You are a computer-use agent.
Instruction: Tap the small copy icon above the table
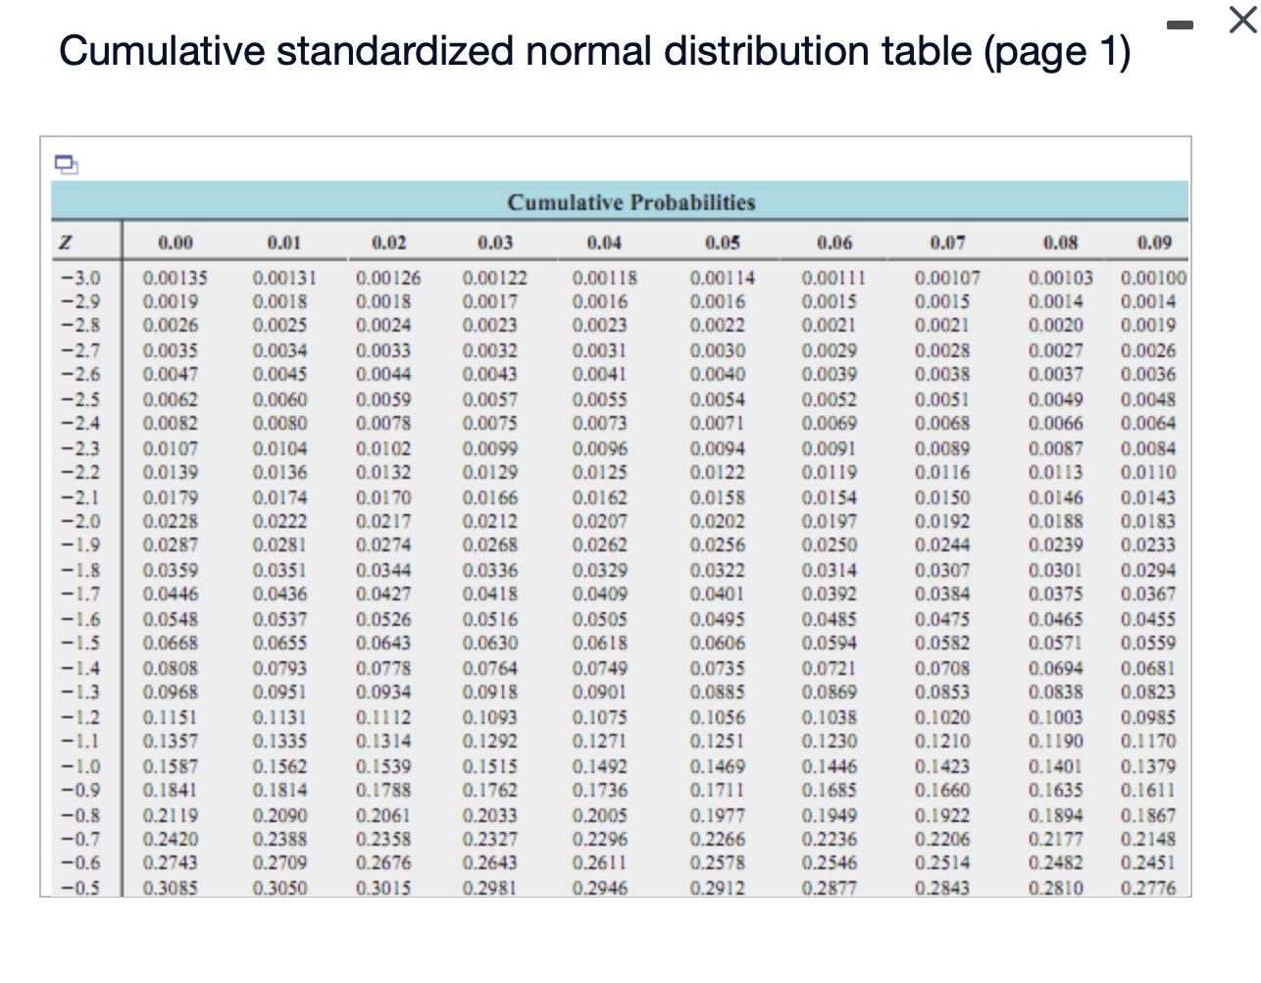point(65,163)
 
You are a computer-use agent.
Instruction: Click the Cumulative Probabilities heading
point(630,202)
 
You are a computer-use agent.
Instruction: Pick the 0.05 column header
point(722,242)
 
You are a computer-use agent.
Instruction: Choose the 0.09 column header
point(1154,242)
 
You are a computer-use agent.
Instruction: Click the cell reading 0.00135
point(176,278)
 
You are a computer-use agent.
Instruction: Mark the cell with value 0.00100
point(1153,278)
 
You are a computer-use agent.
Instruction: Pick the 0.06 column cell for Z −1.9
point(829,544)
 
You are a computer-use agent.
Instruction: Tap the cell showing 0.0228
point(171,521)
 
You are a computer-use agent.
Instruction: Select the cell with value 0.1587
point(171,766)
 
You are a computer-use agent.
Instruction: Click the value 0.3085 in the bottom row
point(171,888)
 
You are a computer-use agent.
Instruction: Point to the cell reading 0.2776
point(1148,888)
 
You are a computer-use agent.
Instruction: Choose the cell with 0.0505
point(600,619)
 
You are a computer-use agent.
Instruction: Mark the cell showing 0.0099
point(490,448)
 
